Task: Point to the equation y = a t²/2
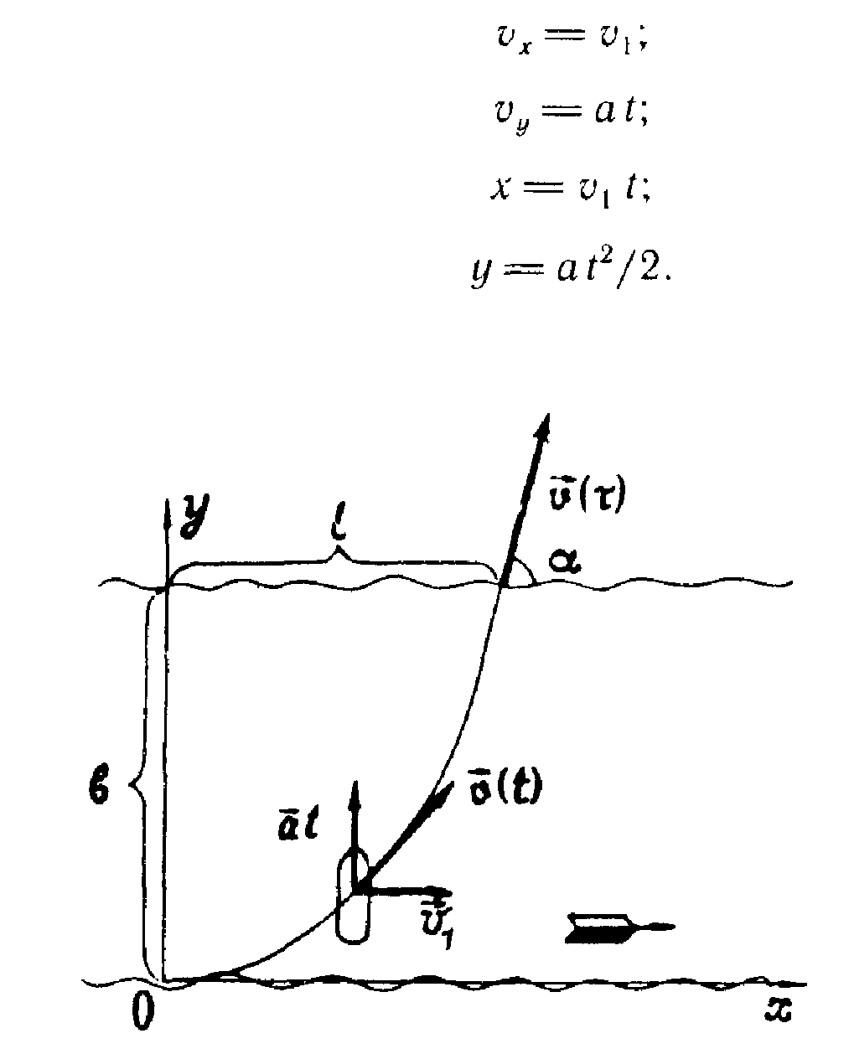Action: tap(569, 270)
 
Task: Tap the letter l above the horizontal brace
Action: tap(335, 533)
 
